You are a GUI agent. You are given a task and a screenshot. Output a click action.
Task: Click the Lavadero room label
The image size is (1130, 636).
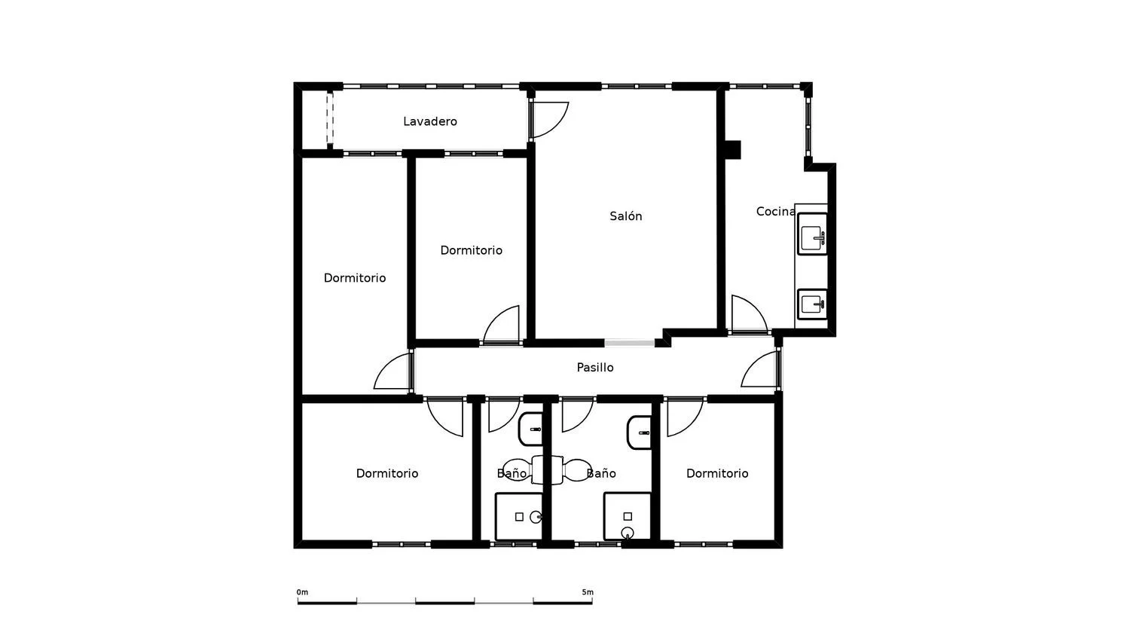[430, 121]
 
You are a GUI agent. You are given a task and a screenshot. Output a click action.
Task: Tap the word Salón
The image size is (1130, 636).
[625, 216]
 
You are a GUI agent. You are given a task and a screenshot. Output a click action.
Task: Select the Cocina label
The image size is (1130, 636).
[775, 212]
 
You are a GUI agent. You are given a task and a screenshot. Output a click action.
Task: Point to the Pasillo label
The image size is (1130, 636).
[595, 368]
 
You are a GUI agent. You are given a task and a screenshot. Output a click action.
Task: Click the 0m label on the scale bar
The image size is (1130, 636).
[302, 592]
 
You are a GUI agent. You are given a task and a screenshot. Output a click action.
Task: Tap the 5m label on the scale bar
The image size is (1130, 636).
[588, 592]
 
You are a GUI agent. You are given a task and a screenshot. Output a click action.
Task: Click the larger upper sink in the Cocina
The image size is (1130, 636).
[812, 234]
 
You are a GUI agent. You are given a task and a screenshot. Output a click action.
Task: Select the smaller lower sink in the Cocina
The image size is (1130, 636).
[812, 304]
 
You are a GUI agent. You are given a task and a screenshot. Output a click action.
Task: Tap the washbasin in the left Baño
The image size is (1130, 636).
[530, 430]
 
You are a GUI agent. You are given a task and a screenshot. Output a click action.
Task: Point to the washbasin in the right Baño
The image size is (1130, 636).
[639, 433]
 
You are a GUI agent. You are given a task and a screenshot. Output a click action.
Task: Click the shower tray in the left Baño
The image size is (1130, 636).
[519, 517]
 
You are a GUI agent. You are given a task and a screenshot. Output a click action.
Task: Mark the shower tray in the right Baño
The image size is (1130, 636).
[628, 516]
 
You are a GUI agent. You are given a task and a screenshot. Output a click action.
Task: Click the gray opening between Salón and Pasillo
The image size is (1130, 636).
[630, 343]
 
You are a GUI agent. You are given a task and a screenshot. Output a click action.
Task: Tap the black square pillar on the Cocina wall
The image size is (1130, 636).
[733, 150]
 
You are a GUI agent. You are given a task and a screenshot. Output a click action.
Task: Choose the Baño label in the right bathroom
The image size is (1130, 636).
[601, 473]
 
